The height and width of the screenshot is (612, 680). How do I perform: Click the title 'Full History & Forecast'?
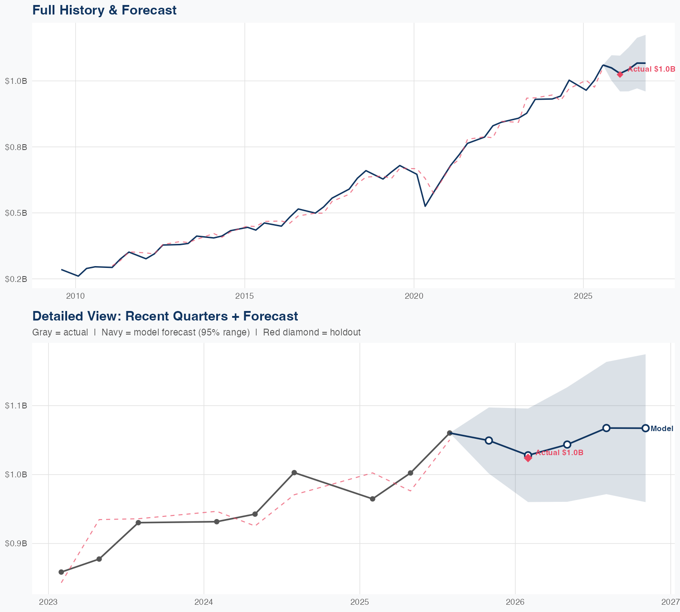[x=104, y=10]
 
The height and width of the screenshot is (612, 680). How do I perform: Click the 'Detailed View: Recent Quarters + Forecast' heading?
[x=165, y=316]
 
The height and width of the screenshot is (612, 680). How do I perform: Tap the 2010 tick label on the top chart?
[x=75, y=296]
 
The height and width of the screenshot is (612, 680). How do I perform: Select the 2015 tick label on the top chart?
[x=245, y=296]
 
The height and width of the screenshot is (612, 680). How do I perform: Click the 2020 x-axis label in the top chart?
[x=414, y=296]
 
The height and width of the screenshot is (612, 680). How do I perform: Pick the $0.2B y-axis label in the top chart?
[x=16, y=279]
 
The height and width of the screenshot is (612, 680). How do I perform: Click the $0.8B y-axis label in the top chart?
[x=16, y=147]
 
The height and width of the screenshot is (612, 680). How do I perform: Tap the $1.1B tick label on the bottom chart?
[x=16, y=405]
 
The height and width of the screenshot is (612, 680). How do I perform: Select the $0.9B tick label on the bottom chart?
[x=16, y=543]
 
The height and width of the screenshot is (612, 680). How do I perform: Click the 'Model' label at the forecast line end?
[x=662, y=428]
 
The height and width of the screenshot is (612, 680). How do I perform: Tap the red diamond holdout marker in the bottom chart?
[x=528, y=458]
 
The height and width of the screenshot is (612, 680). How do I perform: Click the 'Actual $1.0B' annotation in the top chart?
[x=651, y=69]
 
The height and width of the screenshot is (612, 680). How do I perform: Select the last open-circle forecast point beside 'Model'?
[x=645, y=428]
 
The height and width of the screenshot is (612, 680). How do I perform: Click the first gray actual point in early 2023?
[x=61, y=572]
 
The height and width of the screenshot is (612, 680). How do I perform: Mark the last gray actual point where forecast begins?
[x=450, y=433]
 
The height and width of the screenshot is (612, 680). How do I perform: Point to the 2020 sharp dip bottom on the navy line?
[x=425, y=206]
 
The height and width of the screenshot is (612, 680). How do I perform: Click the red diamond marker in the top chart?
[x=620, y=74]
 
